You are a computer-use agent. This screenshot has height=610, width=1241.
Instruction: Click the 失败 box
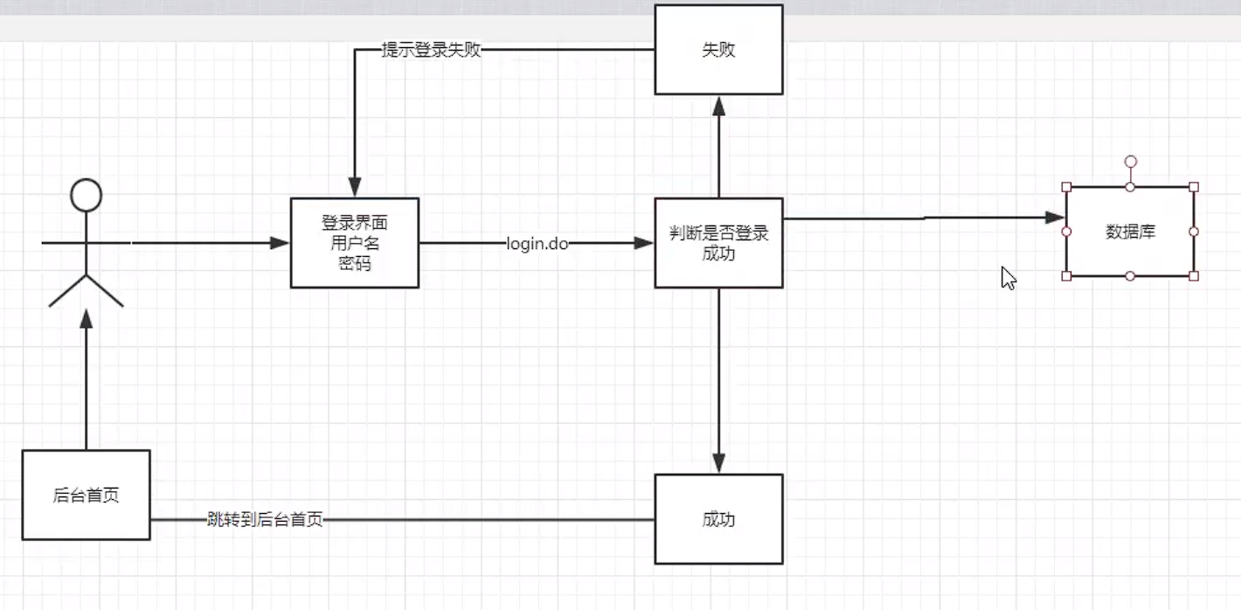pyautogui.click(x=718, y=50)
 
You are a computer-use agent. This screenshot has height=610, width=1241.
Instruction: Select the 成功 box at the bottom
pyautogui.click(x=718, y=519)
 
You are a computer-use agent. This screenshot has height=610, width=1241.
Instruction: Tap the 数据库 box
pyautogui.click(x=1130, y=232)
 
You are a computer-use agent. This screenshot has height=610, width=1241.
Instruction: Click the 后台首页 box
pyautogui.click(x=86, y=496)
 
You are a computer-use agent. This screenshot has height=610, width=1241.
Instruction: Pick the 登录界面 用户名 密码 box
pyautogui.click(x=355, y=243)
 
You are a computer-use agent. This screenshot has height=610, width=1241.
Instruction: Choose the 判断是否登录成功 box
pyautogui.click(x=718, y=243)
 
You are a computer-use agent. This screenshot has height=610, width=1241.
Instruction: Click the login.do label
pyautogui.click(x=537, y=244)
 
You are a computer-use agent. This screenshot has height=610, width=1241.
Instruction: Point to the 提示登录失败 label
pyautogui.click(x=432, y=50)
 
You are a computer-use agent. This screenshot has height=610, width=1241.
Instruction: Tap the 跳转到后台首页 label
pyautogui.click(x=265, y=520)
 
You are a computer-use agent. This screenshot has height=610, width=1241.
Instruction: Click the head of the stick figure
pyautogui.click(x=86, y=195)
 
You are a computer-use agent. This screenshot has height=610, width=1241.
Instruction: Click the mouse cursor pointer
pyautogui.click(x=1008, y=277)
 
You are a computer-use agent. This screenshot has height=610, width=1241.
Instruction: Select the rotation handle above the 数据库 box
pyautogui.click(x=1130, y=161)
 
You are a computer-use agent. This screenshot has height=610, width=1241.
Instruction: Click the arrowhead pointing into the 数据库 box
pyautogui.click(x=1056, y=217)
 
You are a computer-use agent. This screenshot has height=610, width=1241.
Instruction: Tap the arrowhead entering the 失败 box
pyautogui.click(x=718, y=105)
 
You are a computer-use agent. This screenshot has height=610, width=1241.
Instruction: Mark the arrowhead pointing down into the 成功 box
pyautogui.click(x=718, y=463)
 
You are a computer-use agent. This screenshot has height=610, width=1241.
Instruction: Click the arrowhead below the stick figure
pyautogui.click(x=86, y=319)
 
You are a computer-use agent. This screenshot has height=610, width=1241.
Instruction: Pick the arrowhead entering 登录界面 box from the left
pyautogui.click(x=280, y=243)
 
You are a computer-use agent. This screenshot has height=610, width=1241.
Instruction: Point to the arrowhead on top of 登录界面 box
pyautogui.click(x=355, y=187)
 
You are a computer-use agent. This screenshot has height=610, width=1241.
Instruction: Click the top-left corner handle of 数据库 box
pyautogui.click(x=1066, y=187)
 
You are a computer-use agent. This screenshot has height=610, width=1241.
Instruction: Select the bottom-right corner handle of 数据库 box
pyautogui.click(x=1194, y=276)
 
